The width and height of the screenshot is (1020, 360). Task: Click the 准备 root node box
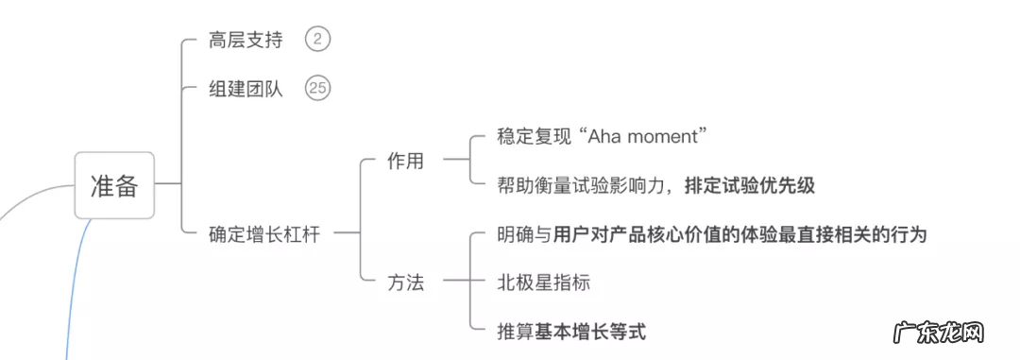click(x=114, y=186)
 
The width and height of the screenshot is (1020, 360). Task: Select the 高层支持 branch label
click(x=245, y=40)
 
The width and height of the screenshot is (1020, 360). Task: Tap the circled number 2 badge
click(x=318, y=40)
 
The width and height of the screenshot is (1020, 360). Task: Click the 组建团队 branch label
click(x=245, y=90)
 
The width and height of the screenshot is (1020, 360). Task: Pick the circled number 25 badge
click(x=318, y=90)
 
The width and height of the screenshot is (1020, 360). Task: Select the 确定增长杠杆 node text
click(x=263, y=234)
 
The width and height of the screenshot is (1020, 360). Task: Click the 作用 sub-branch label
click(x=405, y=161)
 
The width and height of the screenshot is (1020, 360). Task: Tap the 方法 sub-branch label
click(x=405, y=282)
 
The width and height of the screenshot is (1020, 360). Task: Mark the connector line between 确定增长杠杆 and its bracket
click(x=346, y=233)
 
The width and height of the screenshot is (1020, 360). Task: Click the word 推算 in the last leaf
click(x=515, y=332)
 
